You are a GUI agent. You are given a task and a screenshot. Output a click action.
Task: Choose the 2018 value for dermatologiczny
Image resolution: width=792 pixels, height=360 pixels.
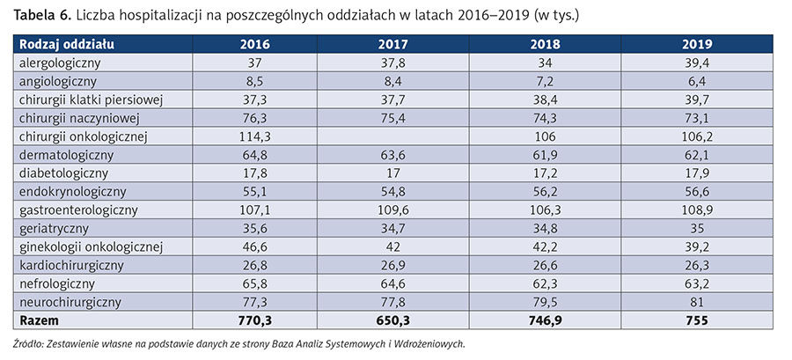pos(546,153)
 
